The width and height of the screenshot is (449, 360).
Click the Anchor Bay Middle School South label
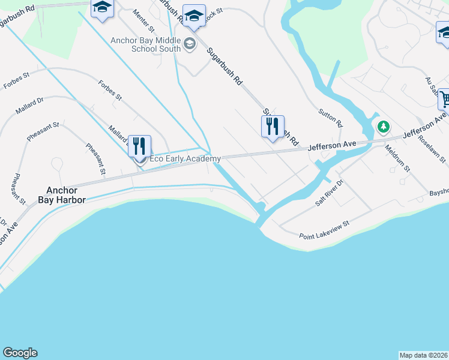coord(145,44)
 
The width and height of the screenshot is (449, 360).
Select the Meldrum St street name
coord(397,158)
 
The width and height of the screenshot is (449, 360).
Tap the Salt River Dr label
coord(330,193)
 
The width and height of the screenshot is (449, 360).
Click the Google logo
coord(20,353)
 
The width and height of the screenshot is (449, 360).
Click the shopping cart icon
coord(444,98)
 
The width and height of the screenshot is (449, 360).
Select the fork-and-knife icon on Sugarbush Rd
coord(273,126)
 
